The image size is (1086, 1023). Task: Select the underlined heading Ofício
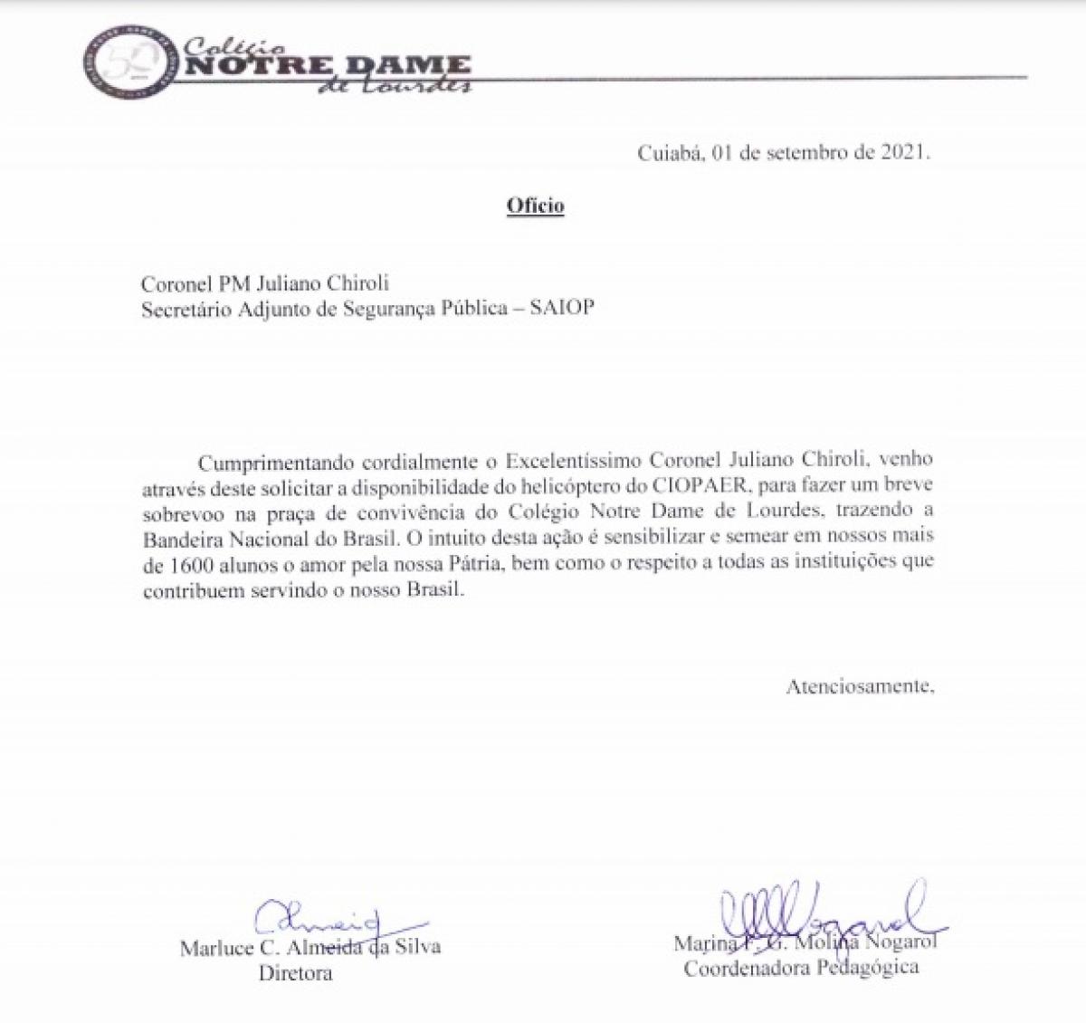coord(535,206)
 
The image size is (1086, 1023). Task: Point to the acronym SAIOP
coord(561,308)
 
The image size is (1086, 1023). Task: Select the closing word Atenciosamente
coord(859,685)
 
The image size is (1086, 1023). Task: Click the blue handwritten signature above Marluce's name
coord(316,921)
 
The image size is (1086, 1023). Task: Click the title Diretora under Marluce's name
coord(295,973)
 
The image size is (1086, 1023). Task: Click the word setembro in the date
coord(806,152)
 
